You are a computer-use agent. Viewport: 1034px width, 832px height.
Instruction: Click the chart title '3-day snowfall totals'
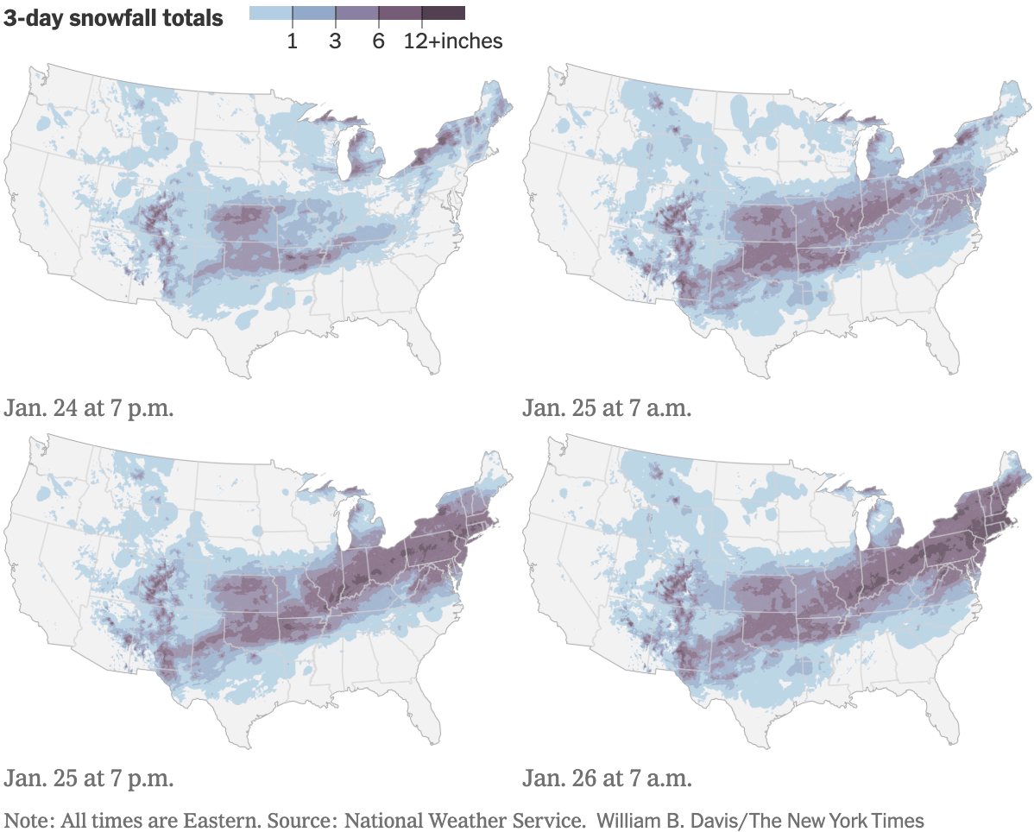point(114,18)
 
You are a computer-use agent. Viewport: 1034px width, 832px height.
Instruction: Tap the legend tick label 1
point(293,41)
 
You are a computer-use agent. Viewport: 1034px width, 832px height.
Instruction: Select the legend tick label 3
point(335,41)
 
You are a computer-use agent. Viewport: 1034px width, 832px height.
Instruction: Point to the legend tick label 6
point(378,41)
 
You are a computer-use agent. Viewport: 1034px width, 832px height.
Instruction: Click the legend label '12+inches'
point(453,41)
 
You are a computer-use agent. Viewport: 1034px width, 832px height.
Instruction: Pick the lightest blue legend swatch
point(270,13)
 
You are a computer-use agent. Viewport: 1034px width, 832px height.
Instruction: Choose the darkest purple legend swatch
point(444,13)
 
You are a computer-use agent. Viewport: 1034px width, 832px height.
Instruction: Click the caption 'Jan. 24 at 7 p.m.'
point(89,407)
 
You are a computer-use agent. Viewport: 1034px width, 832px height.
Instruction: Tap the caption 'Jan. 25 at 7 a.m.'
point(607,407)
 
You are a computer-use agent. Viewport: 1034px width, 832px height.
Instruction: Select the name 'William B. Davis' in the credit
point(655,820)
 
